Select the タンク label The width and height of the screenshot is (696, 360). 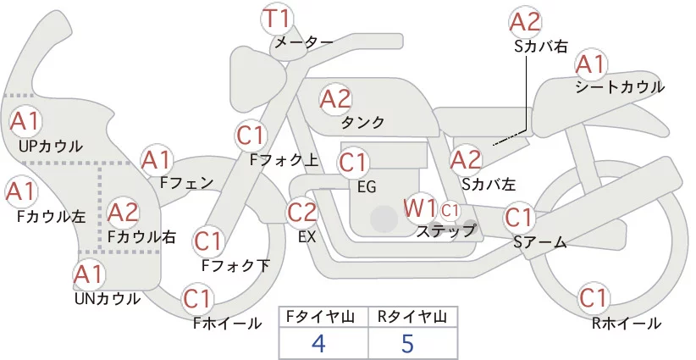click(x=362, y=123)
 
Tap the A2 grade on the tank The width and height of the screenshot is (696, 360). click(x=335, y=99)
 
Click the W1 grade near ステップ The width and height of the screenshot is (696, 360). click(x=420, y=208)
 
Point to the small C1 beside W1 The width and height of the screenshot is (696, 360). click(x=450, y=208)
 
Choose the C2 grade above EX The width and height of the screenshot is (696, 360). click(x=303, y=212)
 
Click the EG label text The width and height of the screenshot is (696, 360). click(x=367, y=186)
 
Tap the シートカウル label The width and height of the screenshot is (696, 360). click(x=619, y=87)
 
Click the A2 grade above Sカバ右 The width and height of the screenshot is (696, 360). click(x=525, y=22)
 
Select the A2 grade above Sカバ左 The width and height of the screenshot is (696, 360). click(x=466, y=158)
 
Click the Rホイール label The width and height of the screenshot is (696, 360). click(x=627, y=323)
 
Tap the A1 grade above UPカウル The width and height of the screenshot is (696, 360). click(x=25, y=121)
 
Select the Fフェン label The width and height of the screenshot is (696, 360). click(x=186, y=182)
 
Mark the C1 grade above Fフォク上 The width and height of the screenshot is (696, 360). click(x=251, y=134)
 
